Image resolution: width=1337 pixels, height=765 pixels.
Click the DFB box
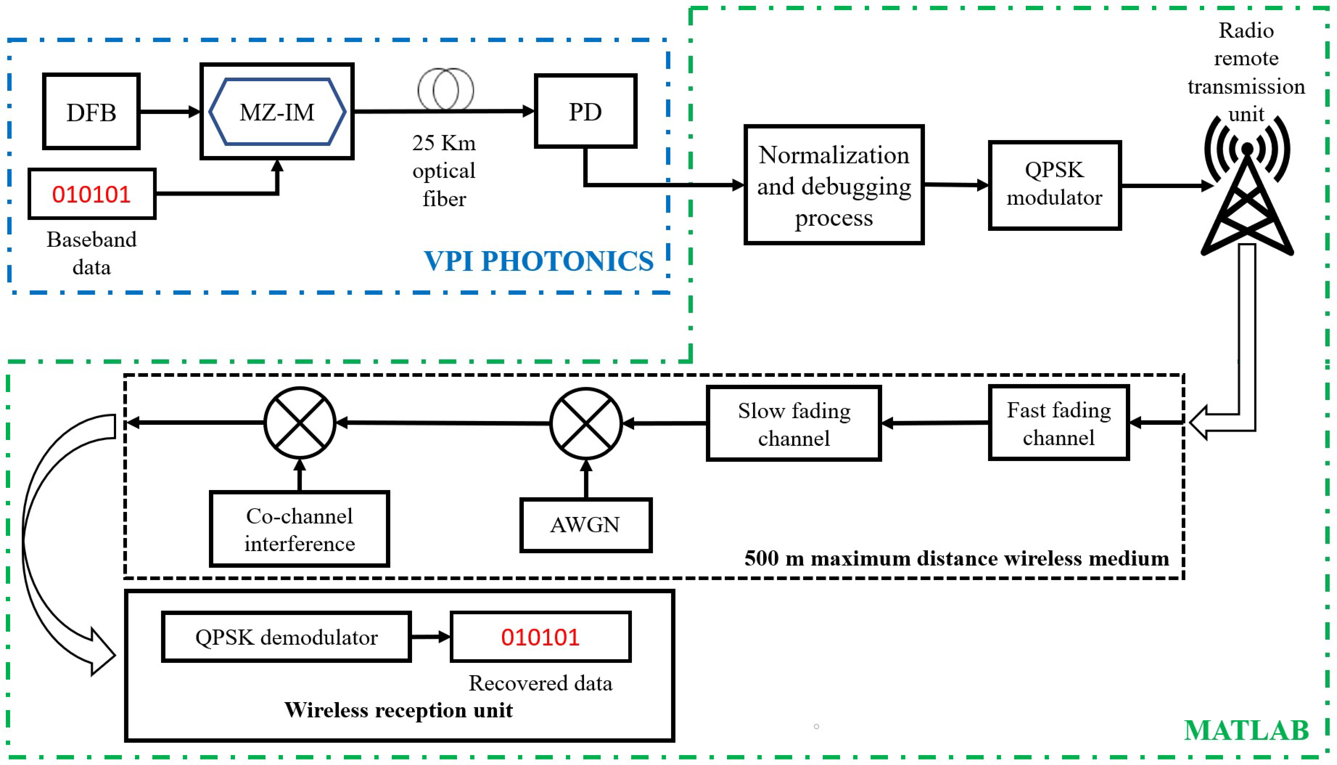91,111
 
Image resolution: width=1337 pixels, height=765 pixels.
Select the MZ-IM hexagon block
277,111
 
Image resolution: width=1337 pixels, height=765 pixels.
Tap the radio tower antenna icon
1247,189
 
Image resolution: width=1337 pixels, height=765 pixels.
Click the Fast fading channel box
1058,423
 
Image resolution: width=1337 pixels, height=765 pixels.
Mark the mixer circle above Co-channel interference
300,423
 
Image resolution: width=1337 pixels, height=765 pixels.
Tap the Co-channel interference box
300,529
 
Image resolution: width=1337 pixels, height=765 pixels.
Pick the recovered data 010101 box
540,637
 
